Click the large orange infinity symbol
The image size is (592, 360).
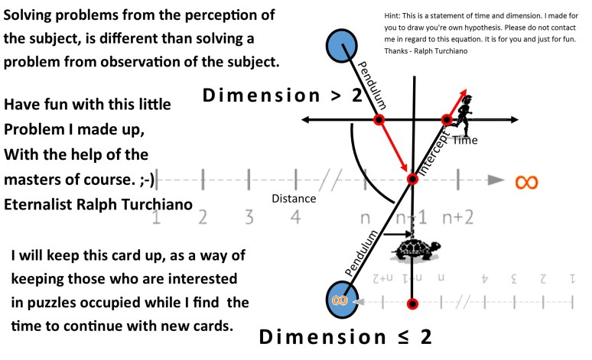[x=525, y=182]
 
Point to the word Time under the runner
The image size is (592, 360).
[x=464, y=141]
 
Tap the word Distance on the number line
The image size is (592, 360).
[x=294, y=199]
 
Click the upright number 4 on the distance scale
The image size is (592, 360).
[x=294, y=217]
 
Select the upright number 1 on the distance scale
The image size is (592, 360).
[x=156, y=218]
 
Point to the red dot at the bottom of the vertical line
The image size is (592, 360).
[x=413, y=304]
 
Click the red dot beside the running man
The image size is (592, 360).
[x=447, y=119]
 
